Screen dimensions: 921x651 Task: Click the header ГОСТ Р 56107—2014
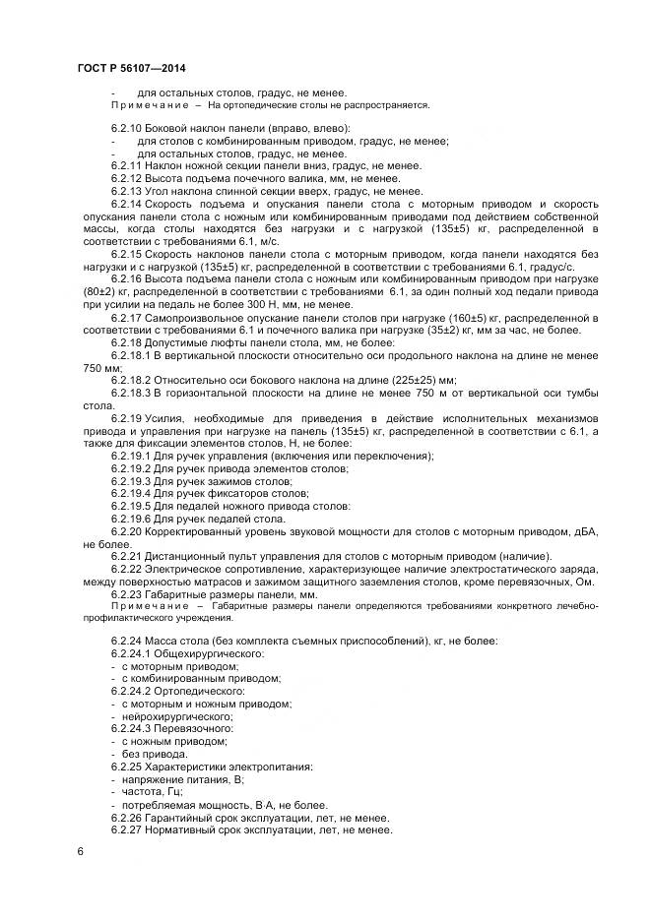tap(130, 68)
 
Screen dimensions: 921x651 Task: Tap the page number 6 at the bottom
tap(79, 849)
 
